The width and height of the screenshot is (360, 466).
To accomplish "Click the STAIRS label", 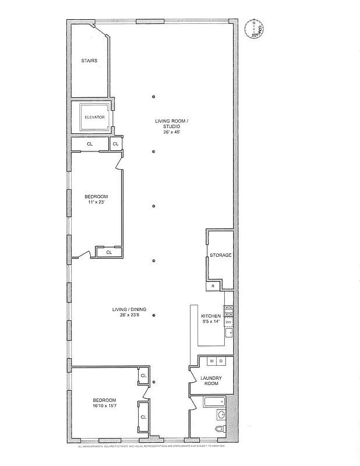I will (89, 61).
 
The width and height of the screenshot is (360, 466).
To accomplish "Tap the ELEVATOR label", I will (94, 117).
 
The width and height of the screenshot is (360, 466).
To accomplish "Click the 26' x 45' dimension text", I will (172, 132).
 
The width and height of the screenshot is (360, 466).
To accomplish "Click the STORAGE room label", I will (221, 255).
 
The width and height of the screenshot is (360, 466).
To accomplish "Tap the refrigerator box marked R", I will (213, 286).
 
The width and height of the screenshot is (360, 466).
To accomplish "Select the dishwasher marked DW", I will (229, 322).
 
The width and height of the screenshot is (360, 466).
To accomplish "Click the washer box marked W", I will (211, 362).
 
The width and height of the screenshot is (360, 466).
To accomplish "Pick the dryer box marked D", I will (221, 362).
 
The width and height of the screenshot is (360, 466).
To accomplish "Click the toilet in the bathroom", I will (220, 429).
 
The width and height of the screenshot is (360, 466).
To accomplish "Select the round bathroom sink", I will (221, 415).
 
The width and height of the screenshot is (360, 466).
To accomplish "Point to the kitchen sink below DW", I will (229, 333).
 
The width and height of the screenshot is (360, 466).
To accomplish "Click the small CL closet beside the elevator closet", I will (115, 143).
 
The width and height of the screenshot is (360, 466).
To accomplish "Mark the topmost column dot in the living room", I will (153, 97).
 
